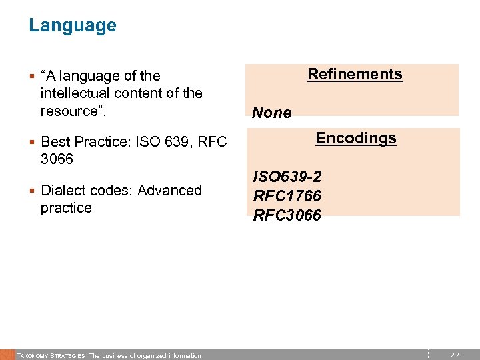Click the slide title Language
tap(72, 25)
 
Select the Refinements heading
tap(355, 74)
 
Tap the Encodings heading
tap(356, 138)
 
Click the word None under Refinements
tap(272, 113)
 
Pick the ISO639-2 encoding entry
tap(287, 177)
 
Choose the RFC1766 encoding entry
tap(287, 196)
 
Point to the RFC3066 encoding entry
tap(287, 215)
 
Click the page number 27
tap(455, 355)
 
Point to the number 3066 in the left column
tap(57, 159)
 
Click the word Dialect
tap(64, 190)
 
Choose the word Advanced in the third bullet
tap(169, 190)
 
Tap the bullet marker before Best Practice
tap(32, 142)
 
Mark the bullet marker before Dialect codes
tap(32, 190)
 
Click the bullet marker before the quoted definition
tap(32, 76)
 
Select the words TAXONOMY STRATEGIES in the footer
tap(51, 356)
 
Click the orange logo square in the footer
tap(7, 355)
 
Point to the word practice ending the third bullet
tap(66, 207)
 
